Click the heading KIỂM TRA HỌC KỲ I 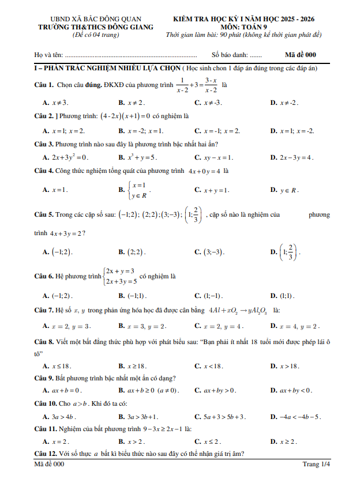coord(247,19)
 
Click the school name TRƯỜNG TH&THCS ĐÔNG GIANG coord(95,27)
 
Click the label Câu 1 coord(44,85)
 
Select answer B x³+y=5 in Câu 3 coord(138,157)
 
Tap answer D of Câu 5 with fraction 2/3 coord(289,252)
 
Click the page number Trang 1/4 coord(316,464)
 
